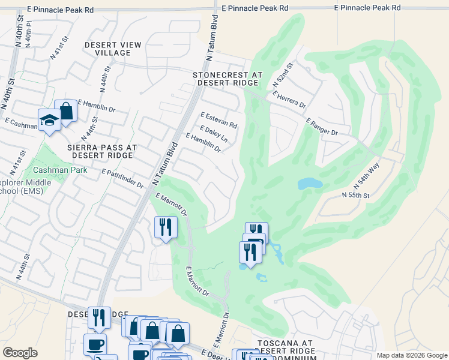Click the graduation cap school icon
point(49,120)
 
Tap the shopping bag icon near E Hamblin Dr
point(65,110)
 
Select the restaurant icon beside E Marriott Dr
point(165,227)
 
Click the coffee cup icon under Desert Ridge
point(95,344)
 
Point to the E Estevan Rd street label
point(219,120)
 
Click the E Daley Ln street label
point(214,134)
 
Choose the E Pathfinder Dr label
point(122,179)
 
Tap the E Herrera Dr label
point(289,100)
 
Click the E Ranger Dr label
point(322,127)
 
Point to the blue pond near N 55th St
point(310,183)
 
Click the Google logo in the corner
point(20,353)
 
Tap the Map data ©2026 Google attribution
point(411,355)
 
